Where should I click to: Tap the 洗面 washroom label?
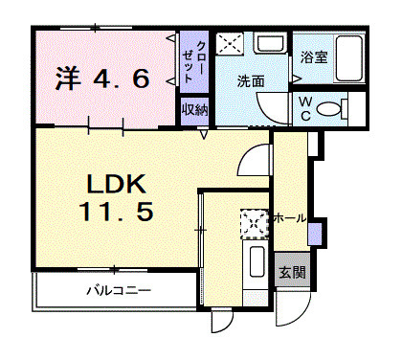[x=251, y=83]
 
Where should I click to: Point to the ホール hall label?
[x=290, y=218]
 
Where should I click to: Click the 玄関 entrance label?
[x=292, y=273]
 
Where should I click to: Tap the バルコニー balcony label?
[x=118, y=288]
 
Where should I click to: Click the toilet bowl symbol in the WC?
[x=331, y=108]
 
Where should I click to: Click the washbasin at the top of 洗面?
[x=272, y=44]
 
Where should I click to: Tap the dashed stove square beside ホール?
[x=254, y=222]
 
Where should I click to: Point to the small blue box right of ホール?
[x=315, y=232]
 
